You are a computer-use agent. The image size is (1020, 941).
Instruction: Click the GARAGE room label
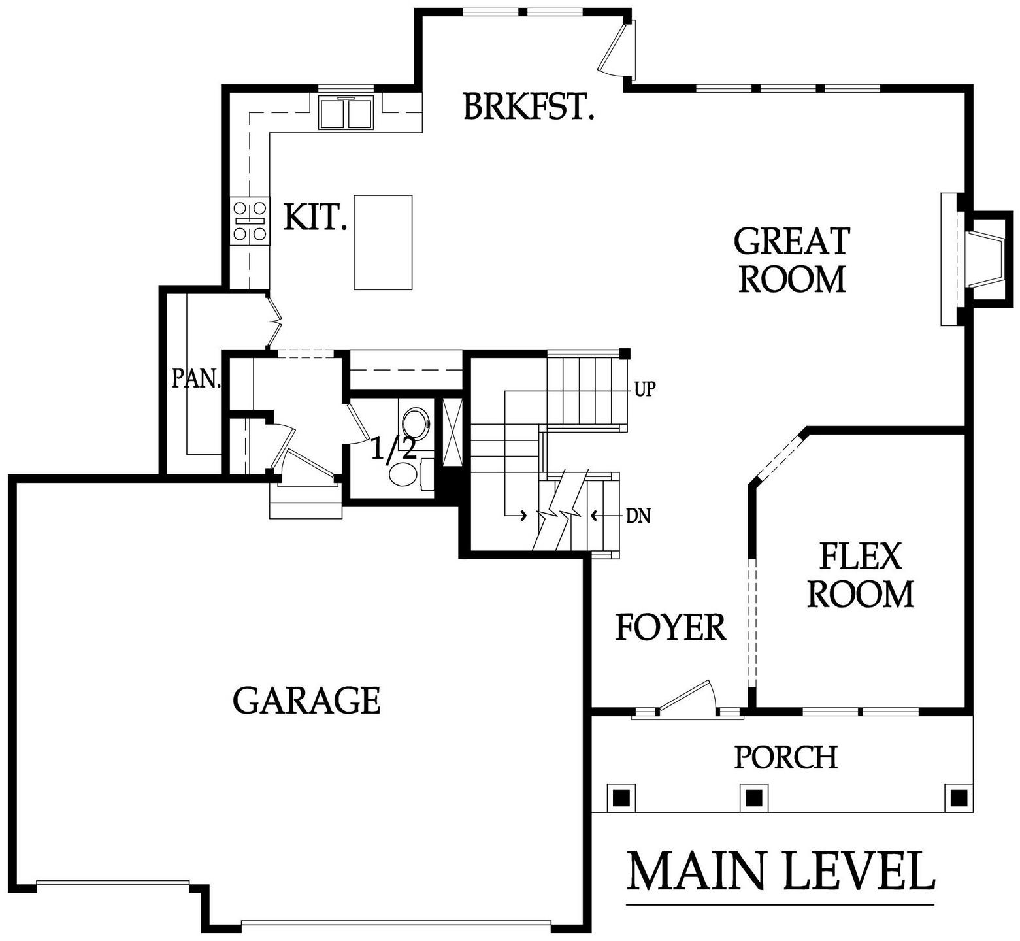[306, 701]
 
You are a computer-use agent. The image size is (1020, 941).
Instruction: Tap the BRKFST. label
[529, 107]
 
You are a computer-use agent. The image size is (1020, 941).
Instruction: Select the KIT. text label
[315, 217]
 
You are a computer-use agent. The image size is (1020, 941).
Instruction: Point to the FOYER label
[671, 627]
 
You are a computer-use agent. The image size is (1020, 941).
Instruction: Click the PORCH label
[785, 757]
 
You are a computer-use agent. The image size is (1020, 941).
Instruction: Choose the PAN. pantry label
[196, 378]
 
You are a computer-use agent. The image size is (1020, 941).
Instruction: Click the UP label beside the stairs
[644, 390]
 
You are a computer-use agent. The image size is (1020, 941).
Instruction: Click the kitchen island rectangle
[383, 242]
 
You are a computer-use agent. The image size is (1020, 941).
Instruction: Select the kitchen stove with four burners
[250, 222]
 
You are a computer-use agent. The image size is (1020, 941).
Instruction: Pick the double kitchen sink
[346, 112]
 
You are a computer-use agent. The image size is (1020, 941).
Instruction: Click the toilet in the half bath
[409, 473]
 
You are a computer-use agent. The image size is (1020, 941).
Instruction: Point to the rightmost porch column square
[958, 797]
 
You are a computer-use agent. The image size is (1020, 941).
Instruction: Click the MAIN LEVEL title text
[780, 871]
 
